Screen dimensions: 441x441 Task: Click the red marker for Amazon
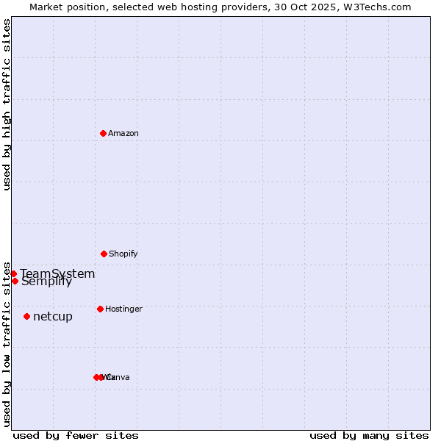click(103, 133)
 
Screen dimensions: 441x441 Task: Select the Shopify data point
click(104, 254)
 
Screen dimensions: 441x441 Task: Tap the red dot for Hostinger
click(100, 309)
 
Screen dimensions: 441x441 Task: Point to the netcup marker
click(26, 316)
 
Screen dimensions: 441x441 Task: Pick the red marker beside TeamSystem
click(13, 273)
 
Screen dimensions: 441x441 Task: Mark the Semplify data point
click(15, 281)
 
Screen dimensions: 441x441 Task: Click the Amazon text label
click(123, 133)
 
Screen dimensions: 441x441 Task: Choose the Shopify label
click(123, 254)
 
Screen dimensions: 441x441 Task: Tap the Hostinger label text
click(123, 309)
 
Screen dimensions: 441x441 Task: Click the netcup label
click(53, 317)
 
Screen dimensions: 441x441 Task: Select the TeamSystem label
click(57, 273)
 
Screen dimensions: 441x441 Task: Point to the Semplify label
click(46, 282)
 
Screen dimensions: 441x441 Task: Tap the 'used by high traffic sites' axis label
click(7, 104)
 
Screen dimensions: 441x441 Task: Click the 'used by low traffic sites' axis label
click(7, 344)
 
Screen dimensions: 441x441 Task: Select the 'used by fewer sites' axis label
click(76, 435)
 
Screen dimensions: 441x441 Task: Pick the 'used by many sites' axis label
click(369, 435)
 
